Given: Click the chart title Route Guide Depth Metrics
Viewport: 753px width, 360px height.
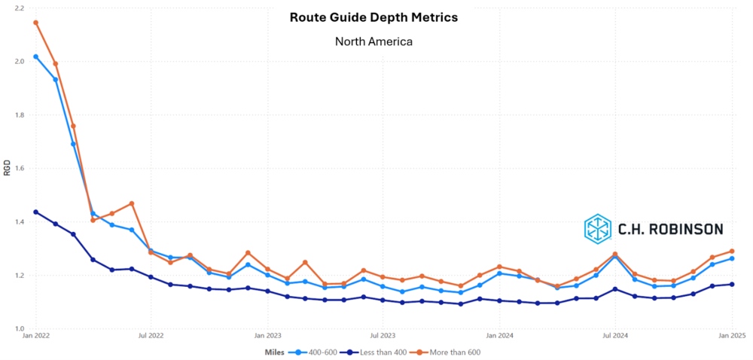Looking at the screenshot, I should pyautogui.click(x=373, y=17).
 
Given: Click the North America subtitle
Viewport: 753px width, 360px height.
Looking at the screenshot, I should pyautogui.click(x=373, y=41).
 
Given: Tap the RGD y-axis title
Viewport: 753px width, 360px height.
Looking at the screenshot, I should pyautogui.click(x=7, y=167).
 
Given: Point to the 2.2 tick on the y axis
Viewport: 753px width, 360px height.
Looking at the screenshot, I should pyautogui.click(x=19, y=8).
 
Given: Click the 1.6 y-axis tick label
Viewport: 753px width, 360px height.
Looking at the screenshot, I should pyautogui.click(x=19, y=168).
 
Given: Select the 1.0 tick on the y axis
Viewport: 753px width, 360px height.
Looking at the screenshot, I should pyautogui.click(x=19, y=328).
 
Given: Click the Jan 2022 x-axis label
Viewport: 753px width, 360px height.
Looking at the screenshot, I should pyautogui.click(x=35, y=336).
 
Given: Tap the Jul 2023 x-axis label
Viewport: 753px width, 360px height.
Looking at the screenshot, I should pyautogui.click(x=383, y=336).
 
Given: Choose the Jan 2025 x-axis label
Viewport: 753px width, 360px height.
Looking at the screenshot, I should pyautogui.click(x=731, y=336).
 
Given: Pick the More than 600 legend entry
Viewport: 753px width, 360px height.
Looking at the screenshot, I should pyautogui.click(x=448, y=352).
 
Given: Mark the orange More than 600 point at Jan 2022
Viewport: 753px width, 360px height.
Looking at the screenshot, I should pyautogui.click(x=35, y=22).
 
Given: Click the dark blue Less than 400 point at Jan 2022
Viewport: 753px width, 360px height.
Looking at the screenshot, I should pyautogui.click(x=35, y=212).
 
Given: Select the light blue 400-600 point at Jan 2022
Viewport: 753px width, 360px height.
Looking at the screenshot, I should pyautogui.click(x=35, y=56).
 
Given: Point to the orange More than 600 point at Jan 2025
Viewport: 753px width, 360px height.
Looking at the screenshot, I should pyautogui.click(x=731, y=251).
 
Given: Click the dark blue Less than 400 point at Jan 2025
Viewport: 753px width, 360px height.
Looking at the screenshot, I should pyautogui.click(x=731, y=284).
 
